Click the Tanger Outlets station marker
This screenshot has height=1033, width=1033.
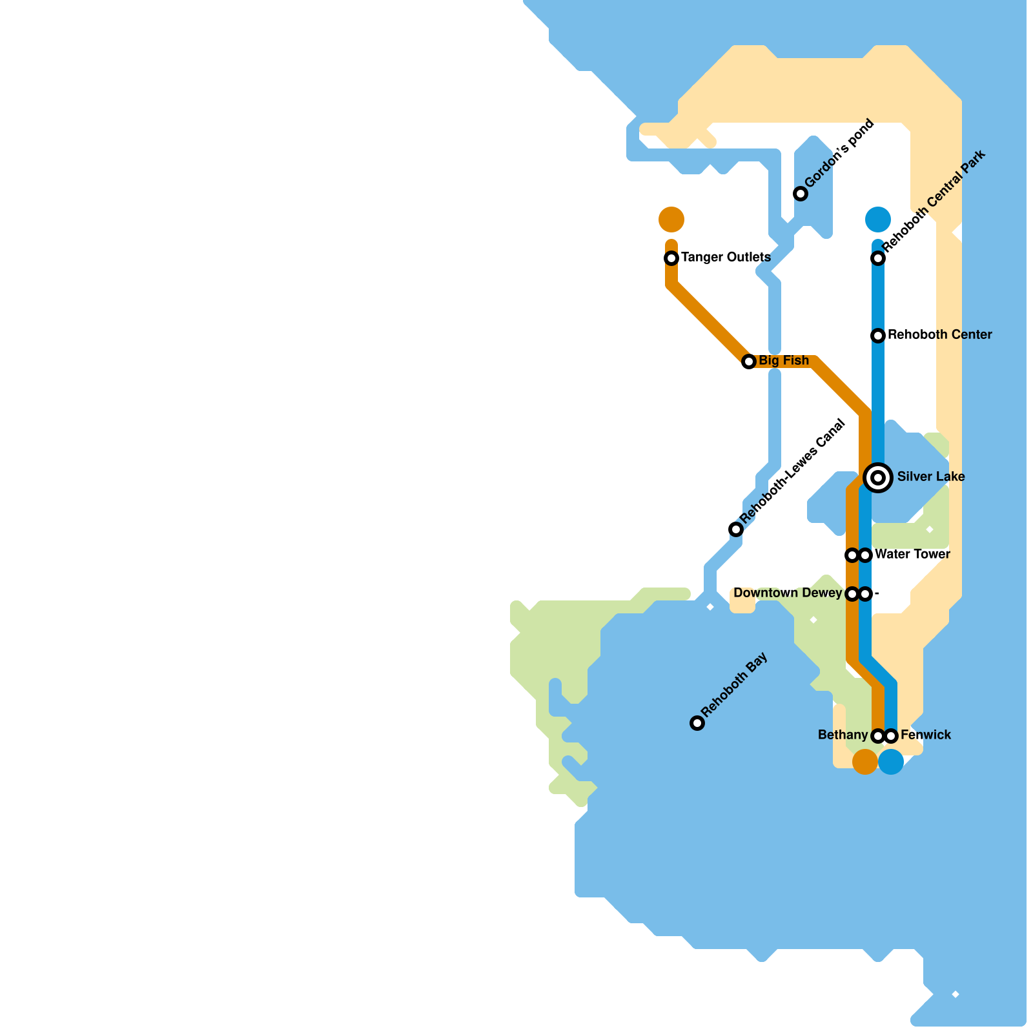pos(671,258)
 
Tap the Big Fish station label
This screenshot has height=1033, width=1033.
pos(783,360)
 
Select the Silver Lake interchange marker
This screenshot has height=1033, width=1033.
pos(878,478)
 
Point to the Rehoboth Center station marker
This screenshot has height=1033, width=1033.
pos(878,336)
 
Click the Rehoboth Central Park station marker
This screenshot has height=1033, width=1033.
pos(878,258)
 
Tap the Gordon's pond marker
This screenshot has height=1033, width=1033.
pos(801,194)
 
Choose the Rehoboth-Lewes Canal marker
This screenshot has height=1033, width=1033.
pos(736,529)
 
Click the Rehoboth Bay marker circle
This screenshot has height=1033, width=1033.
pos(697,723)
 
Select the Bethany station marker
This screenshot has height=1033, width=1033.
pos(877,736)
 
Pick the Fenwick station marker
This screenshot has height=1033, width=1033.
pos(892,736)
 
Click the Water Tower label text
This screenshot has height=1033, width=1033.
pos(912,554)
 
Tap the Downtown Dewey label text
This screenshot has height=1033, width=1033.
pos(788,593)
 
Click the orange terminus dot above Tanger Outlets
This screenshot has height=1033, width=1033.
pos(671,220)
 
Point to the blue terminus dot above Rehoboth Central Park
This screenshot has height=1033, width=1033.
pos(878,220)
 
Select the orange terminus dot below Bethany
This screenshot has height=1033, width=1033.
pos(865,762)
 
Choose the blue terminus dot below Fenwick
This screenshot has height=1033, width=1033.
pos(891,762)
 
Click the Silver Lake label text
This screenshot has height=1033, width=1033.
pos(931,476)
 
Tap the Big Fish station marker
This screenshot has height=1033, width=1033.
pos(749,362)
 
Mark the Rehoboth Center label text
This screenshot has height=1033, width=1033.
pos(939,334)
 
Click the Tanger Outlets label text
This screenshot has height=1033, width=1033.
pos(726,257)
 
